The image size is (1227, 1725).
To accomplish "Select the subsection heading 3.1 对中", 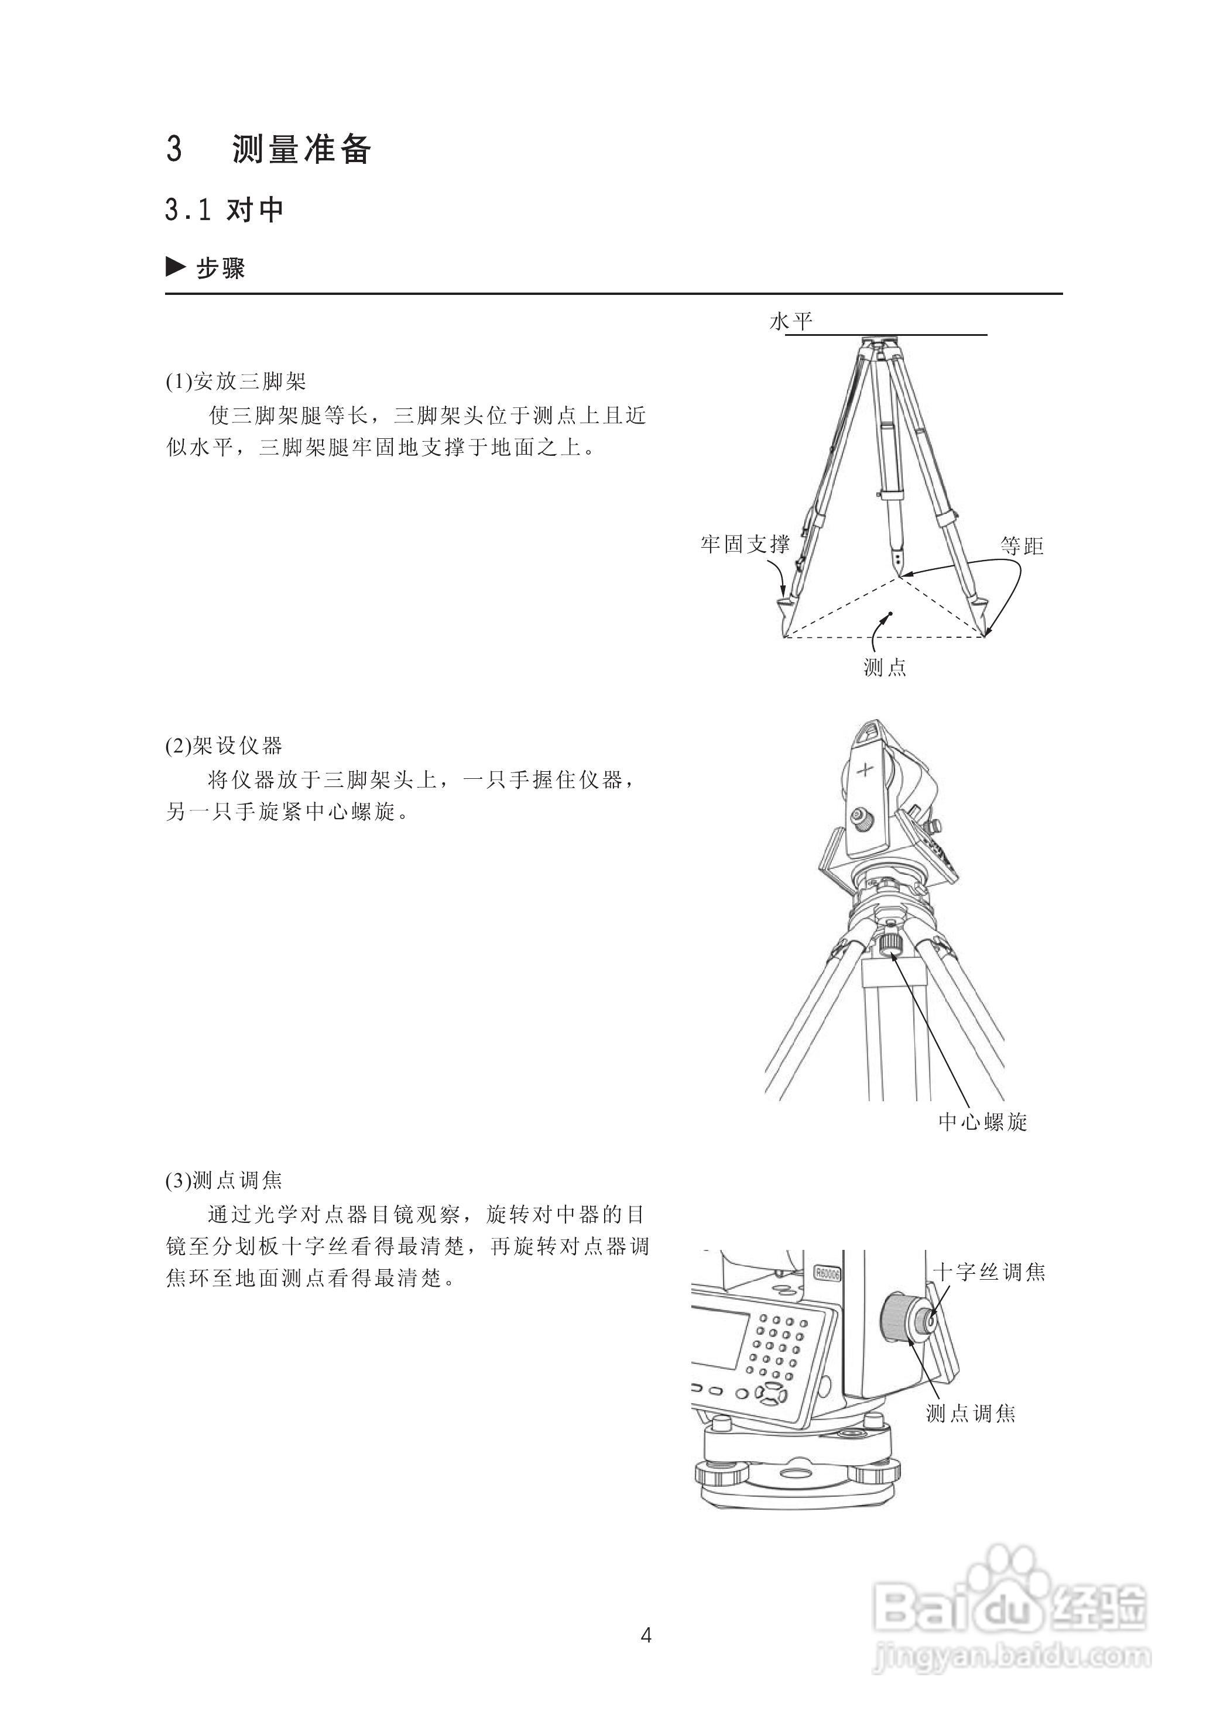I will [224, 210].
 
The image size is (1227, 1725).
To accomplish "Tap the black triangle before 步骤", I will [175, 267].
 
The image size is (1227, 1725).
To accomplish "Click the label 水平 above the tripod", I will [790, 322].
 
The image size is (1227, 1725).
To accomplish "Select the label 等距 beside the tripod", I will [1022, 546].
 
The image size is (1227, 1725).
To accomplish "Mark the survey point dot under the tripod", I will [891, 613].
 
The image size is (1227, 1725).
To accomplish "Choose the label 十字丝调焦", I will [989, 1272].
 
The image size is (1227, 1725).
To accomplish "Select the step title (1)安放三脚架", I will [236, 382].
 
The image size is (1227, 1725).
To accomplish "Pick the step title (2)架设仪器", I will [224, 746].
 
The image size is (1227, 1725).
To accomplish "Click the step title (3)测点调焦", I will [224, 1180].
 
